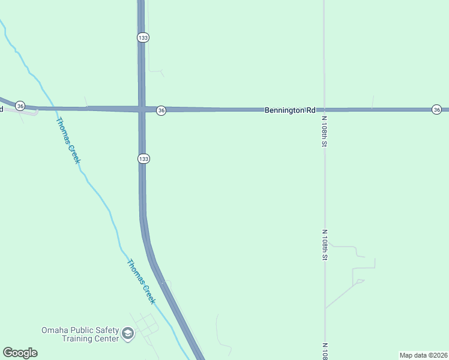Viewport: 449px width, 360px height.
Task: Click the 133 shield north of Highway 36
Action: [142, 37]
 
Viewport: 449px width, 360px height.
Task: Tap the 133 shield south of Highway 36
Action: [143, 158]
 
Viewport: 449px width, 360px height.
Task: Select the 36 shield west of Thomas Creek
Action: [20, 106]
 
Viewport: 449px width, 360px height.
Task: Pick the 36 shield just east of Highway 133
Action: [161, 110]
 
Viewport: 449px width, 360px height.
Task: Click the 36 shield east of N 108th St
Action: [436, 109]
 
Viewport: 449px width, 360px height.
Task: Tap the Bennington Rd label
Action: [290, 110]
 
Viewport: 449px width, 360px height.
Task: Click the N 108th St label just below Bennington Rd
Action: [324, 131]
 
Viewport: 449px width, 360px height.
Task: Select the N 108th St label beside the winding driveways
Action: [324, 244]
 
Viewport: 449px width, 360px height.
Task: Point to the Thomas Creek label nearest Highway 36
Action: [68, 140]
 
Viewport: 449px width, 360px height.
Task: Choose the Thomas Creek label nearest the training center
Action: [141, 281]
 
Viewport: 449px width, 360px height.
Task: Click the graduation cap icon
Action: [127, 333]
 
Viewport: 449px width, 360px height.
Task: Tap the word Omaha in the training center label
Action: [55, 330]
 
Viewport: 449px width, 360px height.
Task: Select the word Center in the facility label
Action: [107, 338]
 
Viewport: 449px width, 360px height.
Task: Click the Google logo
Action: [20, 353]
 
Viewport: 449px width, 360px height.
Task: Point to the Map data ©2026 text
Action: [423, 355]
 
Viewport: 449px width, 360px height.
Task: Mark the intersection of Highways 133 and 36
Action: [142, 109]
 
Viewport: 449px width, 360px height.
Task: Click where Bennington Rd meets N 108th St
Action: [324, 110]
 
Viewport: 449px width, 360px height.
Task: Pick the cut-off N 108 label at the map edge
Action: [324, 351]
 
